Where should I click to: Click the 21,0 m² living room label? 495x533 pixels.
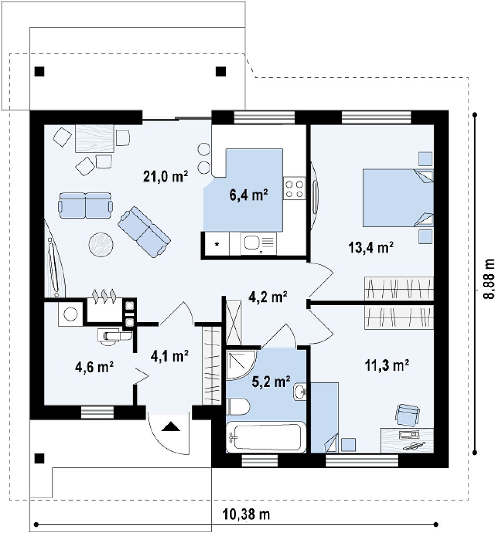pyautogui.click(x=166, y=177)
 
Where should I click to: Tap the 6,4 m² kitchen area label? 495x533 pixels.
pyautogui.click(x=248, y=196)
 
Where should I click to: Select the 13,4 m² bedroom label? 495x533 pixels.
pyautogui.click(x=371, y=248)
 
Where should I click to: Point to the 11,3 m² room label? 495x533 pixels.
pyautogui.click(x=387, y=366)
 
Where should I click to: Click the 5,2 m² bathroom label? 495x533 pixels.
pyautogui.click(x=271, y=382)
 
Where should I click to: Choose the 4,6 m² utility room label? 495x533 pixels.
pyautogui.click(x=94, y=367)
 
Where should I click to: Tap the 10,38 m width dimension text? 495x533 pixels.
pyautogui.click(x=247, y=515)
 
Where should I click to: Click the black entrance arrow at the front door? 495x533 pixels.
pyautogui.click(x=170, y=427)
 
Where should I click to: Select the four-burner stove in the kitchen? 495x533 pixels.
pyautogui.click(x=294, y=189)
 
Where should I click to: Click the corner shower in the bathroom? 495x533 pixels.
pyautogui.click(x=240, y=364)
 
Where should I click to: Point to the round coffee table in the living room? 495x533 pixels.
pyautogui.click(x=101, y=244)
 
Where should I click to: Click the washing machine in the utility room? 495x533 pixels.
pyautogui.click(x=71, y=313)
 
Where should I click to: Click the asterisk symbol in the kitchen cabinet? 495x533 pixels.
pyautogui.click(x=217, y=244)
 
